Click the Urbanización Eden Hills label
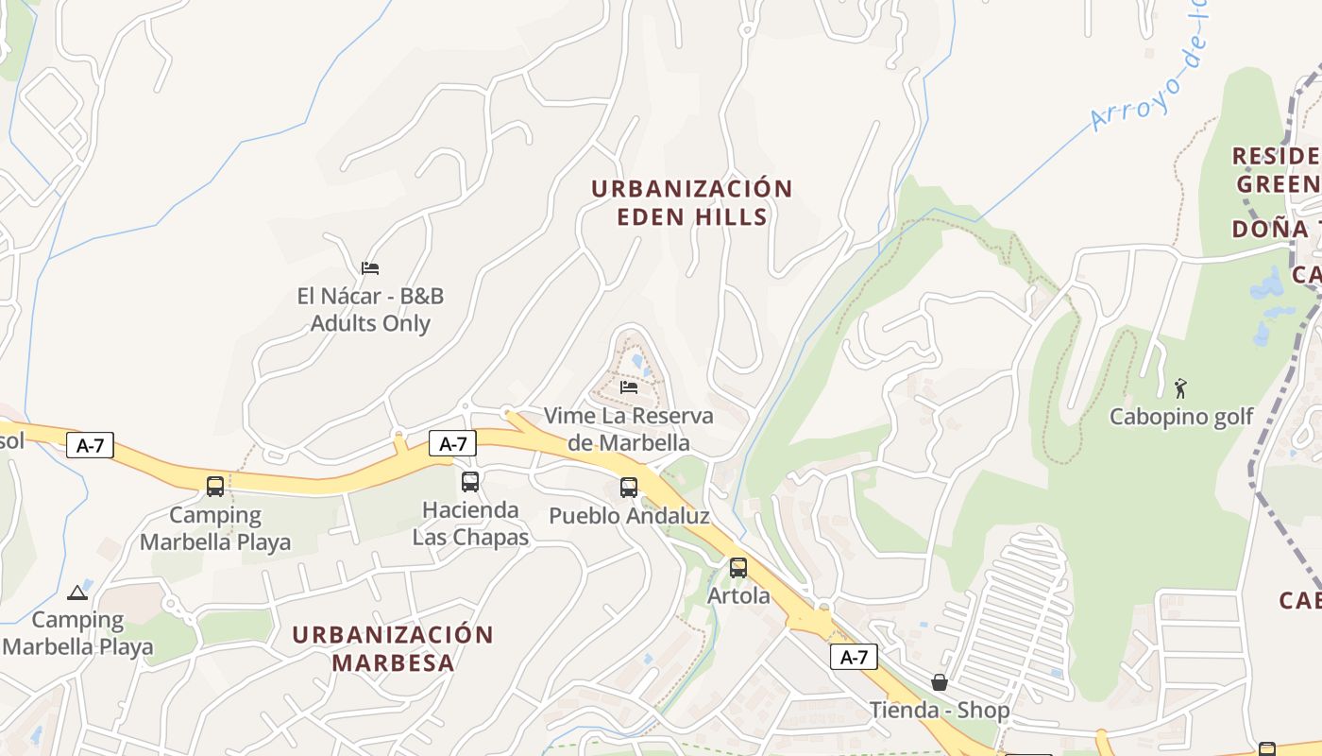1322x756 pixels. pos(691,202)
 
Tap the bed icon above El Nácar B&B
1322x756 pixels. pos(370,268)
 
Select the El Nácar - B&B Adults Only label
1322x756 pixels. pos(370,310)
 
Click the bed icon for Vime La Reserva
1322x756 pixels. pos(629,387)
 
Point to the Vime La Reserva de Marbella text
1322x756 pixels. pos(629,429)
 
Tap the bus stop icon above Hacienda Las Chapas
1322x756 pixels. pos(470,482)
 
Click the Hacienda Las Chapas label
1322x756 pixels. pos(470,524)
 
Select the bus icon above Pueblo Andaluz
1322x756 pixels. pos(629,488)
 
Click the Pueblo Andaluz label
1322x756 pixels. pos(629,516)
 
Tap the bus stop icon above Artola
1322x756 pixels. pos(738,568)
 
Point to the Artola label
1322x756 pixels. pos(738,596)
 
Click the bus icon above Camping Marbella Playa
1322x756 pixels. pos(215,487)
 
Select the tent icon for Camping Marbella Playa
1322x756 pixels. pos(77,593)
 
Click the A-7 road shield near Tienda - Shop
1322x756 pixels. pos(854,657)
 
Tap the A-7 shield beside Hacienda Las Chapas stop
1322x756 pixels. pos(452,443)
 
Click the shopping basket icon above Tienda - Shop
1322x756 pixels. pos(940,682)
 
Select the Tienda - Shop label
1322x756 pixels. pos(940,710)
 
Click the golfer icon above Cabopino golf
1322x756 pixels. pos(1180,387)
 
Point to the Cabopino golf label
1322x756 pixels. pos(1180,417)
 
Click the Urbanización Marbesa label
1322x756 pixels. pos(393,648)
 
